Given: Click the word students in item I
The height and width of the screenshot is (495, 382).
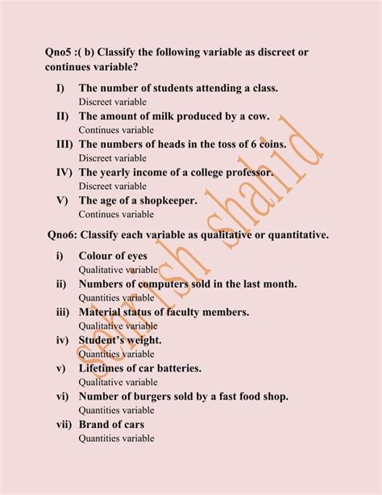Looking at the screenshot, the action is [x=175, y=88].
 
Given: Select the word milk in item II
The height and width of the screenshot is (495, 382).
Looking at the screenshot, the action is [x=167, y=116].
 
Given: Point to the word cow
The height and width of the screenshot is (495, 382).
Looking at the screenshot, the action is [x=255, y=116].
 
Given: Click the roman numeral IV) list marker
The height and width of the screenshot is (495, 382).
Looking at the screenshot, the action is [x=64, y=173].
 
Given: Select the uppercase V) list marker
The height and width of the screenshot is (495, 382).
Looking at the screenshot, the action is [x=62, y=200].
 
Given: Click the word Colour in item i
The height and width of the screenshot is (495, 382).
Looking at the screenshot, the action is [x=98, y=256].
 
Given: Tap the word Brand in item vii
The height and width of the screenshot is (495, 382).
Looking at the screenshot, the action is [x=95, y=424].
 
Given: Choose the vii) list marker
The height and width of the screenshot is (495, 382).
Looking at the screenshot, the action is [x=64, y=424].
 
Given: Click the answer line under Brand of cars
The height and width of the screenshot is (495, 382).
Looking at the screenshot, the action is [x=116, y=438].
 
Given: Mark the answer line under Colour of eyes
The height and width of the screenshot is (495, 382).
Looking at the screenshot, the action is [x=118, y=270].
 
